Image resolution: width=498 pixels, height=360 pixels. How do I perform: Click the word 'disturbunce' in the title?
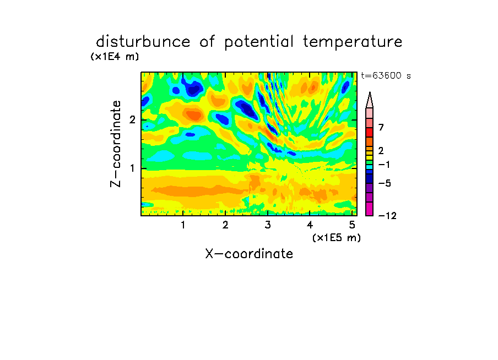[143, 42]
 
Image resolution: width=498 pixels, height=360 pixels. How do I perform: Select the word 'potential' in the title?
[259, 42]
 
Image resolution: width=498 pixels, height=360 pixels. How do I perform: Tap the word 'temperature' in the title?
[353, 42]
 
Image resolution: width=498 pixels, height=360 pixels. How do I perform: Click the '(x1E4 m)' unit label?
[115, 57]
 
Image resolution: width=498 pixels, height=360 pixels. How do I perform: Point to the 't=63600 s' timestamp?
[386, 75]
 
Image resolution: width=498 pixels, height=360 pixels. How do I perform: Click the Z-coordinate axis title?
[116, 144]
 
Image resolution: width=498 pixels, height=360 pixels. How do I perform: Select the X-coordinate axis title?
[249, 254]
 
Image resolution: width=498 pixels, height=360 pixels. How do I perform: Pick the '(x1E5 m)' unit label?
[337, 237]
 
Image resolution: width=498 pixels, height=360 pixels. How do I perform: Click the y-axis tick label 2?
[132, 120]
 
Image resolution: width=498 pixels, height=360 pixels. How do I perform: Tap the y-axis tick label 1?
[132, 168]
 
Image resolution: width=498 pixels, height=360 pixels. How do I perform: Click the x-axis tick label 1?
[183, 225]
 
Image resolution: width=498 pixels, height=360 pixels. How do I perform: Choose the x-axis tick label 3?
[268, 225]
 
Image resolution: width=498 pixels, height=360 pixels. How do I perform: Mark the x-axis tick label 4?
[310, 225]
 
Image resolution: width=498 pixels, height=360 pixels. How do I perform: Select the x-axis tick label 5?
[352, 225]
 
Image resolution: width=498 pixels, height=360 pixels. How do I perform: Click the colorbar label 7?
[381, 127]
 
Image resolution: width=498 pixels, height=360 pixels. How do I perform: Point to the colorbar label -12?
[387, 216]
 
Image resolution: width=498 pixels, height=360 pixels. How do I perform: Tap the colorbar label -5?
[385, 183]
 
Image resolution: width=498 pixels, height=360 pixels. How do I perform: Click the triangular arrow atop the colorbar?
[370, 100]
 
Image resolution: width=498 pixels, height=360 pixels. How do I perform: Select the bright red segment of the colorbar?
[370, 132]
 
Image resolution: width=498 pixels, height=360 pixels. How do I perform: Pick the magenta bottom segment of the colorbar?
[370, 209]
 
